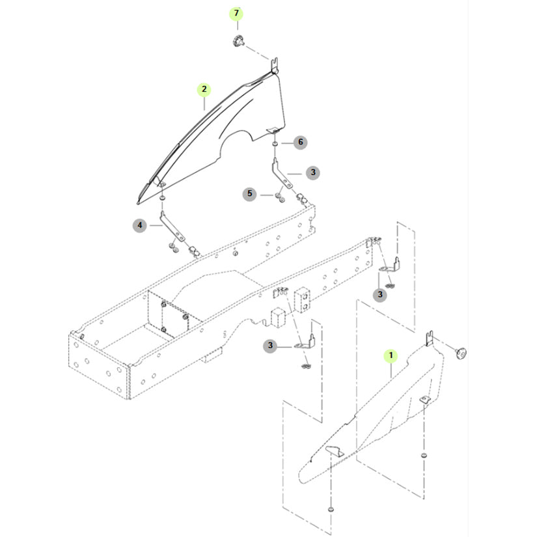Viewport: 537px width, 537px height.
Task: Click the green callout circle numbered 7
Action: click(236, 14)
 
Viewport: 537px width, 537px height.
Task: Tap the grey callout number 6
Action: click(299, 142)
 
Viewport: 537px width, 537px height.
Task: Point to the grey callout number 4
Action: click(139, 226)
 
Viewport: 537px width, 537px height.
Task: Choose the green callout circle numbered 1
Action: click(391, 355)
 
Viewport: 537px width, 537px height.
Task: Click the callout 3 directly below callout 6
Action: click(313, 172)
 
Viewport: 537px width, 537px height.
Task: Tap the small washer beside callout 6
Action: click(275, 142)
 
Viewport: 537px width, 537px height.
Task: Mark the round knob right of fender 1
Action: click(462, 352)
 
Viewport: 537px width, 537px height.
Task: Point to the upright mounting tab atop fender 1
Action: click(430, 338)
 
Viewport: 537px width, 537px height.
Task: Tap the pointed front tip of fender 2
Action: click(139, 195)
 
